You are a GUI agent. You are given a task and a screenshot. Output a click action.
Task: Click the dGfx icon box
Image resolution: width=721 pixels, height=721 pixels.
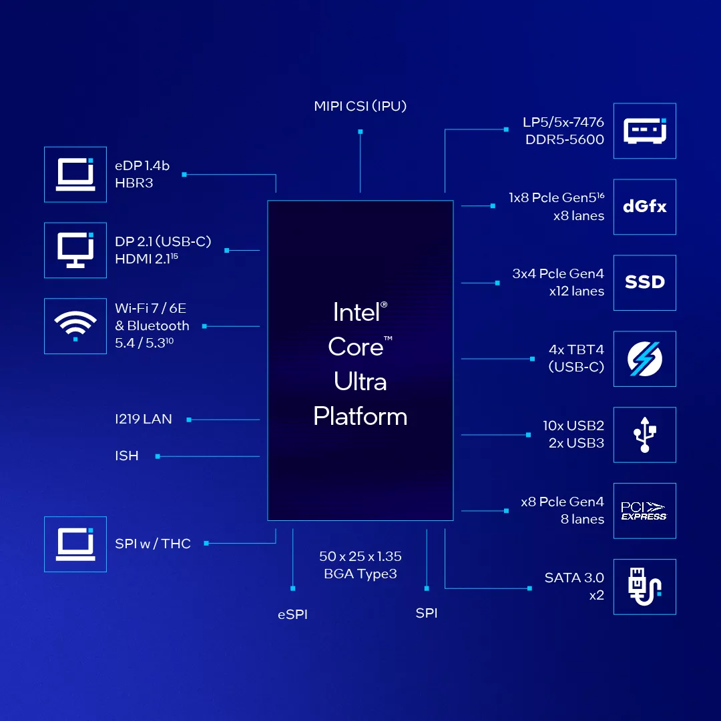click(x=644, y=207)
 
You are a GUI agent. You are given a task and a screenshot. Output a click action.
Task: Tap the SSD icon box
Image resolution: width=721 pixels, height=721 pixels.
click(x=644, y=282)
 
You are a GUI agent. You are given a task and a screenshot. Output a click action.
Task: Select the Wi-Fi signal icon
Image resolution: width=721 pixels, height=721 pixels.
click(x=75, y=326)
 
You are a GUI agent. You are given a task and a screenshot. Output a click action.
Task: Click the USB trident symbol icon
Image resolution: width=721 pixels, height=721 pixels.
click(x=644, y=435)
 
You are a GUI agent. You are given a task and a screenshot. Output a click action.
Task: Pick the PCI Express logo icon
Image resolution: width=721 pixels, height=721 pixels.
click(x=644, y=511)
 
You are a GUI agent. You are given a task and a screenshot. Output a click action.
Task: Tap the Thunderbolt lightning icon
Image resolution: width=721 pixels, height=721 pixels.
click(x=644, y=359)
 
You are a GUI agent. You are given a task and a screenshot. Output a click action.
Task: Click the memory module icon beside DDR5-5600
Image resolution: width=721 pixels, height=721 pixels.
click(x=644, y=131)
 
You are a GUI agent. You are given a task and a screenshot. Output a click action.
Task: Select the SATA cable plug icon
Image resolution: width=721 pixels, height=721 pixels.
click(x=644, y=587)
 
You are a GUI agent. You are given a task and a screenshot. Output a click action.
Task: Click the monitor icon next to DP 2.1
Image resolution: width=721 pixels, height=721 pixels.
click(x=75, y=250)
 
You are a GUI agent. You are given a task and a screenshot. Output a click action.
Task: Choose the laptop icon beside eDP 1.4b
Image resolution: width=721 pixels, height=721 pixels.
click(x=75, y=175)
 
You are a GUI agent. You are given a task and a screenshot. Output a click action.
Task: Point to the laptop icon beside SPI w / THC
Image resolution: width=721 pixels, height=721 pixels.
click(x=75, y=544)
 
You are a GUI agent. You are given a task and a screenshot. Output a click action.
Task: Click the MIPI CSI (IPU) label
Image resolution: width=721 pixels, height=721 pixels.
click(x=360, y=106)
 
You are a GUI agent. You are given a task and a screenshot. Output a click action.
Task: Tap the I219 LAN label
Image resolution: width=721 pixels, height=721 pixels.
click(x=144, y=419)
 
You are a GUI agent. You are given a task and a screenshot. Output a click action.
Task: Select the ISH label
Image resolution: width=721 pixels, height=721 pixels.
click(x=127, y=456)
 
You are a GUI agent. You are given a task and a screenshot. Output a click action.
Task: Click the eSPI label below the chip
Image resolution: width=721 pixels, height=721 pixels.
click(x=292, y=614)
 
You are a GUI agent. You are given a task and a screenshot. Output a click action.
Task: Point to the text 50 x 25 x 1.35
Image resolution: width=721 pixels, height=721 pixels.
click(x=360, y=556)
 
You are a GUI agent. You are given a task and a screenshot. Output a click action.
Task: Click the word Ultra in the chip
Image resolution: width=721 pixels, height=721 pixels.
click(x=360, y=382)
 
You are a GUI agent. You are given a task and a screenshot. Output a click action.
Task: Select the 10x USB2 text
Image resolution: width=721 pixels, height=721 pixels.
click(x=573, y=426)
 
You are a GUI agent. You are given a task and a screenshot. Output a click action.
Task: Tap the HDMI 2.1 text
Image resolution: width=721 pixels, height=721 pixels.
click(x=143, y=259)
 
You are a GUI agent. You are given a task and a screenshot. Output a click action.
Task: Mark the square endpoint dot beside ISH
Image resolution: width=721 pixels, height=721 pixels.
click(x=158, y=456)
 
